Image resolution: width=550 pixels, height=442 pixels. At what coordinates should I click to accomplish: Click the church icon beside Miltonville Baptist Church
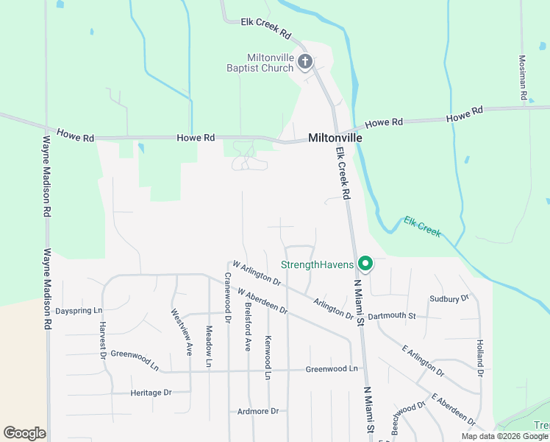tap(305, 63)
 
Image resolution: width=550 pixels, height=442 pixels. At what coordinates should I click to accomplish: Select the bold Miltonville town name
tap(335, 138)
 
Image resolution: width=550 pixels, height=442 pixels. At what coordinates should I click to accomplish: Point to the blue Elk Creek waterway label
tap(422, 226)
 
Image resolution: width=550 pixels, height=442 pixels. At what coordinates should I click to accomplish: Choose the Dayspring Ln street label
tap(78, 311)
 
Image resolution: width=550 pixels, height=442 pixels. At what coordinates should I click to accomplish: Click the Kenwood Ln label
tap(268, 357)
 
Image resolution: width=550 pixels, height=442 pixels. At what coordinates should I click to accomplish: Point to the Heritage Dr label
tap(151, 393)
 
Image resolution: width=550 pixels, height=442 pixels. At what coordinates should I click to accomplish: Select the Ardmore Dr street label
tap(258, 411)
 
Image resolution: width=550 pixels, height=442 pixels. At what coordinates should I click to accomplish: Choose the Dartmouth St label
tap(392, 316)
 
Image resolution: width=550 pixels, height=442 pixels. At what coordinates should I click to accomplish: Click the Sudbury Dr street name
tap(449, 299)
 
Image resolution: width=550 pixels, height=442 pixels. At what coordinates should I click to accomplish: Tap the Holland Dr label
tap(479, 358)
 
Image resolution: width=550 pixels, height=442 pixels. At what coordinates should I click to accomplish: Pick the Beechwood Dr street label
tap(409, 417)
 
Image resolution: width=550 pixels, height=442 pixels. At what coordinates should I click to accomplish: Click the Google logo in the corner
tap(24, 433)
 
